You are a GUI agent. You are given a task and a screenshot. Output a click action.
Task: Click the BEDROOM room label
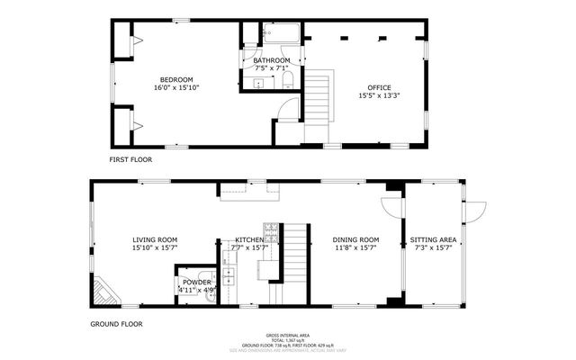[176, 79]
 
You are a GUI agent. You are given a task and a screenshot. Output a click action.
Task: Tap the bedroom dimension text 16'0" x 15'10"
[176, 88]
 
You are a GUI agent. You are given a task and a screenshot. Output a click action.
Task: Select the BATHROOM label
[272, 60]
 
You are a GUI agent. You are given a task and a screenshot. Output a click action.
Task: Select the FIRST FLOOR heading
[130, 159]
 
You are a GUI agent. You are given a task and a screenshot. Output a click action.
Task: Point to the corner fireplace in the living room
[102, 292]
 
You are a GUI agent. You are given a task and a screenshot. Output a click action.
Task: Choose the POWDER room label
[195, 282]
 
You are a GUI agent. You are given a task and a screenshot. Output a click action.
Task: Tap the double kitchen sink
[229, 275]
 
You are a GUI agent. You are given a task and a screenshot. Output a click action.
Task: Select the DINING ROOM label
[355, 239]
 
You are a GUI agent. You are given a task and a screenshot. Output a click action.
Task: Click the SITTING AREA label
[433, 239]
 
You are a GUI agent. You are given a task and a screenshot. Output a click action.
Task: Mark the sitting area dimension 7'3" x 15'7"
[433, 248]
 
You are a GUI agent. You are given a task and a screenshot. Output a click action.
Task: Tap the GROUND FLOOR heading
[116, 323]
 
